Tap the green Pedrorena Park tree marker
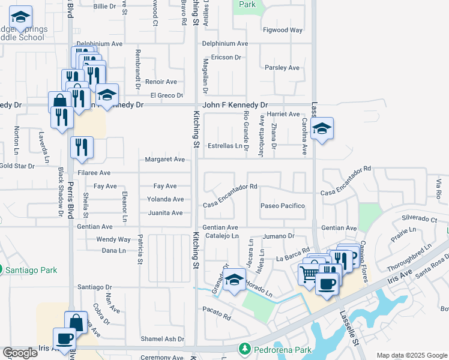click(x=244, y=349)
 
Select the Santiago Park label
click(x=31, y=270)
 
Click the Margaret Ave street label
click(x=164, y=160)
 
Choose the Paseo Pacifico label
click(x=283, y=206)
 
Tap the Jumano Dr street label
click(x=276, y=237)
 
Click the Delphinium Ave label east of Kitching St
click(x=224, y=44)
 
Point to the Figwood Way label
click(x=283, y=30)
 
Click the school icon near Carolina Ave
click(x=322, y=128)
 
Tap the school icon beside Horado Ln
click(x=235, y=280)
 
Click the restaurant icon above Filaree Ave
click(x=82, y=148)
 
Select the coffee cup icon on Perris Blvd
click(x=64, y=338)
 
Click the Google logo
click(x=20, y=353)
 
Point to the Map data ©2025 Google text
click(x=411, y=355)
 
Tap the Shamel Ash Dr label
click(x=162, y=339)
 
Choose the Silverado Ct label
click(x=420, y=220)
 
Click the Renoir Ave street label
click(x=161, y=82)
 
